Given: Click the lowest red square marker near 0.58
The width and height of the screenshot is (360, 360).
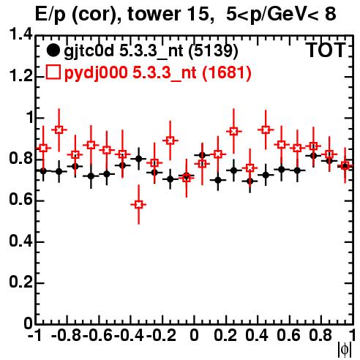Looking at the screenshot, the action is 138,204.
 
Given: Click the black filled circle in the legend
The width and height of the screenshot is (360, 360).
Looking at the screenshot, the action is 53,50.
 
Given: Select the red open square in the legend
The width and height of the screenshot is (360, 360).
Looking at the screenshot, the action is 53,72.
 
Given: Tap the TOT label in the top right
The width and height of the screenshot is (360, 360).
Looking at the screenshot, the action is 326,50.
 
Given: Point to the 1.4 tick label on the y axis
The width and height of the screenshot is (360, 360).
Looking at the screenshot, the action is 20,34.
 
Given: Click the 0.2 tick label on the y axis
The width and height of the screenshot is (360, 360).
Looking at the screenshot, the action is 20,282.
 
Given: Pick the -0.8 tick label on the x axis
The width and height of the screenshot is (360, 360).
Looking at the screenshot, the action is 66,335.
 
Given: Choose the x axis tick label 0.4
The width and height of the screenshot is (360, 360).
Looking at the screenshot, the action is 257,335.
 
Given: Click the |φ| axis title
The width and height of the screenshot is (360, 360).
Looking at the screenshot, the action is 345,350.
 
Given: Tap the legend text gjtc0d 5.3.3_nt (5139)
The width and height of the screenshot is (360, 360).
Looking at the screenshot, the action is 151,51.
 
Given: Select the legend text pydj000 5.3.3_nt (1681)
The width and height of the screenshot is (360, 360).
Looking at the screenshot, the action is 158,72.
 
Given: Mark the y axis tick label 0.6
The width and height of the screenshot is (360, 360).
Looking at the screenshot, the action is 20,200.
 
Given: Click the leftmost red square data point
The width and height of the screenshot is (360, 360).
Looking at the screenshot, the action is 43,148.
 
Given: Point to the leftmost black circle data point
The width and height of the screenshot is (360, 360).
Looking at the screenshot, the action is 43,171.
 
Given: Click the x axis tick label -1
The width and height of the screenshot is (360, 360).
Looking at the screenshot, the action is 34,335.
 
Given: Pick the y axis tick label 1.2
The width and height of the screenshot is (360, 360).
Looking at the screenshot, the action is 20,75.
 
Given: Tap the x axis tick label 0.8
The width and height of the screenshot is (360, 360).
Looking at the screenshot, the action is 320,335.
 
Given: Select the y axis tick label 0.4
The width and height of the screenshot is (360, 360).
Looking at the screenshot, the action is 20,241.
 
